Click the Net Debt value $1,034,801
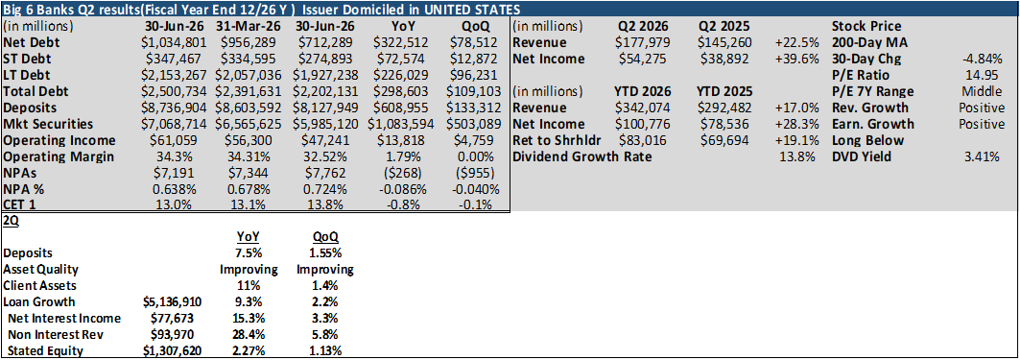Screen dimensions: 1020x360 pos(176,43)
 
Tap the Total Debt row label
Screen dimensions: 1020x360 pos(36,92)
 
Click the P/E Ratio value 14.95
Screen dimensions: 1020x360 pos(986,76)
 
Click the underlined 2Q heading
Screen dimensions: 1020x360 pos(11,221)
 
